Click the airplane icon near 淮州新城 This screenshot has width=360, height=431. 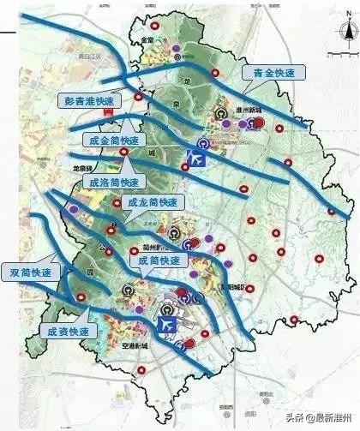(x=196, y=159)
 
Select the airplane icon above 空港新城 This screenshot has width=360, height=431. (x=166, y=326)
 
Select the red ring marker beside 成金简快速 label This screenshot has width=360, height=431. (x=124, y=153)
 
